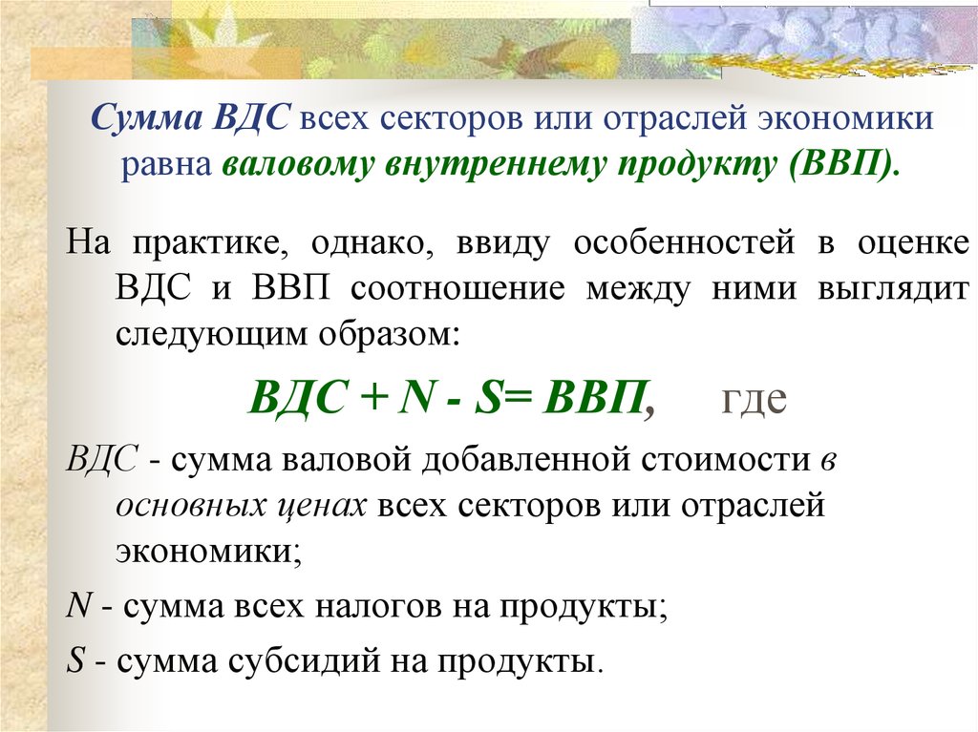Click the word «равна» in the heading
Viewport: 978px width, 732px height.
pos(166,164)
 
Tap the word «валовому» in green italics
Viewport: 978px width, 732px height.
pos(297,164)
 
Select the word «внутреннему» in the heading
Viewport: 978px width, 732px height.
pos(494,164)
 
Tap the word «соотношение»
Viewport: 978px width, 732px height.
pos(457,288)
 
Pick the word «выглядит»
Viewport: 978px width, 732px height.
pos(893,289)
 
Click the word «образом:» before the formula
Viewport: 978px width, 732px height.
pos(390,334)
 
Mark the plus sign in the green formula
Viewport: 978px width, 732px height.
pos(374,398)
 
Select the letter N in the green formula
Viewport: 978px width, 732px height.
pos(416,397)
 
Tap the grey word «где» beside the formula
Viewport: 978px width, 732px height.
pos(754,399)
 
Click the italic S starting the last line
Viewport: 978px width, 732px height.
pos(74,659)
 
